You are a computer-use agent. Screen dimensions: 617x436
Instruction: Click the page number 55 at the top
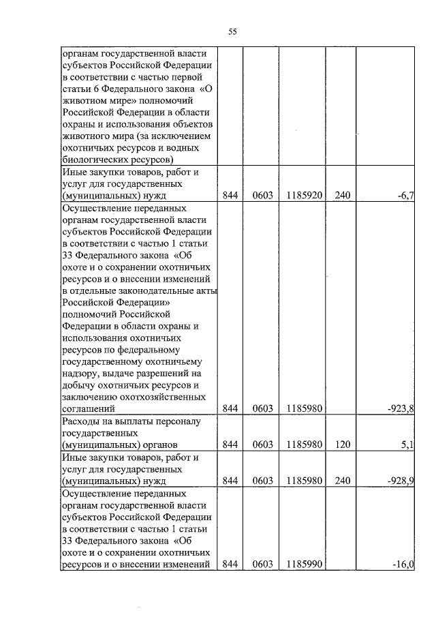(x=232, y=32)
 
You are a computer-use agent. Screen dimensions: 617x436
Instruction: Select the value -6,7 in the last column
(x=406, y=196)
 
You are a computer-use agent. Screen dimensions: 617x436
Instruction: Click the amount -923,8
(x=401, y=408)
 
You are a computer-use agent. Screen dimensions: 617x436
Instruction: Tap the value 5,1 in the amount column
(x=408, y=445)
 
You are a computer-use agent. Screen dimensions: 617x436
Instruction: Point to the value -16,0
(x=403, y=564)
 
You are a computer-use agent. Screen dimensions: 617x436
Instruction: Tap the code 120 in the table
(x=342, y=445)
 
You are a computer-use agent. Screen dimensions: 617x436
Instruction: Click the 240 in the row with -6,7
(x=342, y=196)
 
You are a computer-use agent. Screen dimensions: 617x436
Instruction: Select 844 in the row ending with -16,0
(x=230, y=564)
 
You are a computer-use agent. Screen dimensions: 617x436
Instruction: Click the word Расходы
(x=82, y=421)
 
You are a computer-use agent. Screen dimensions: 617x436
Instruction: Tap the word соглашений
(x=88, y=408)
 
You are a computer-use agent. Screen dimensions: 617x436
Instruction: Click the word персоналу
(x=179, y=421)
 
